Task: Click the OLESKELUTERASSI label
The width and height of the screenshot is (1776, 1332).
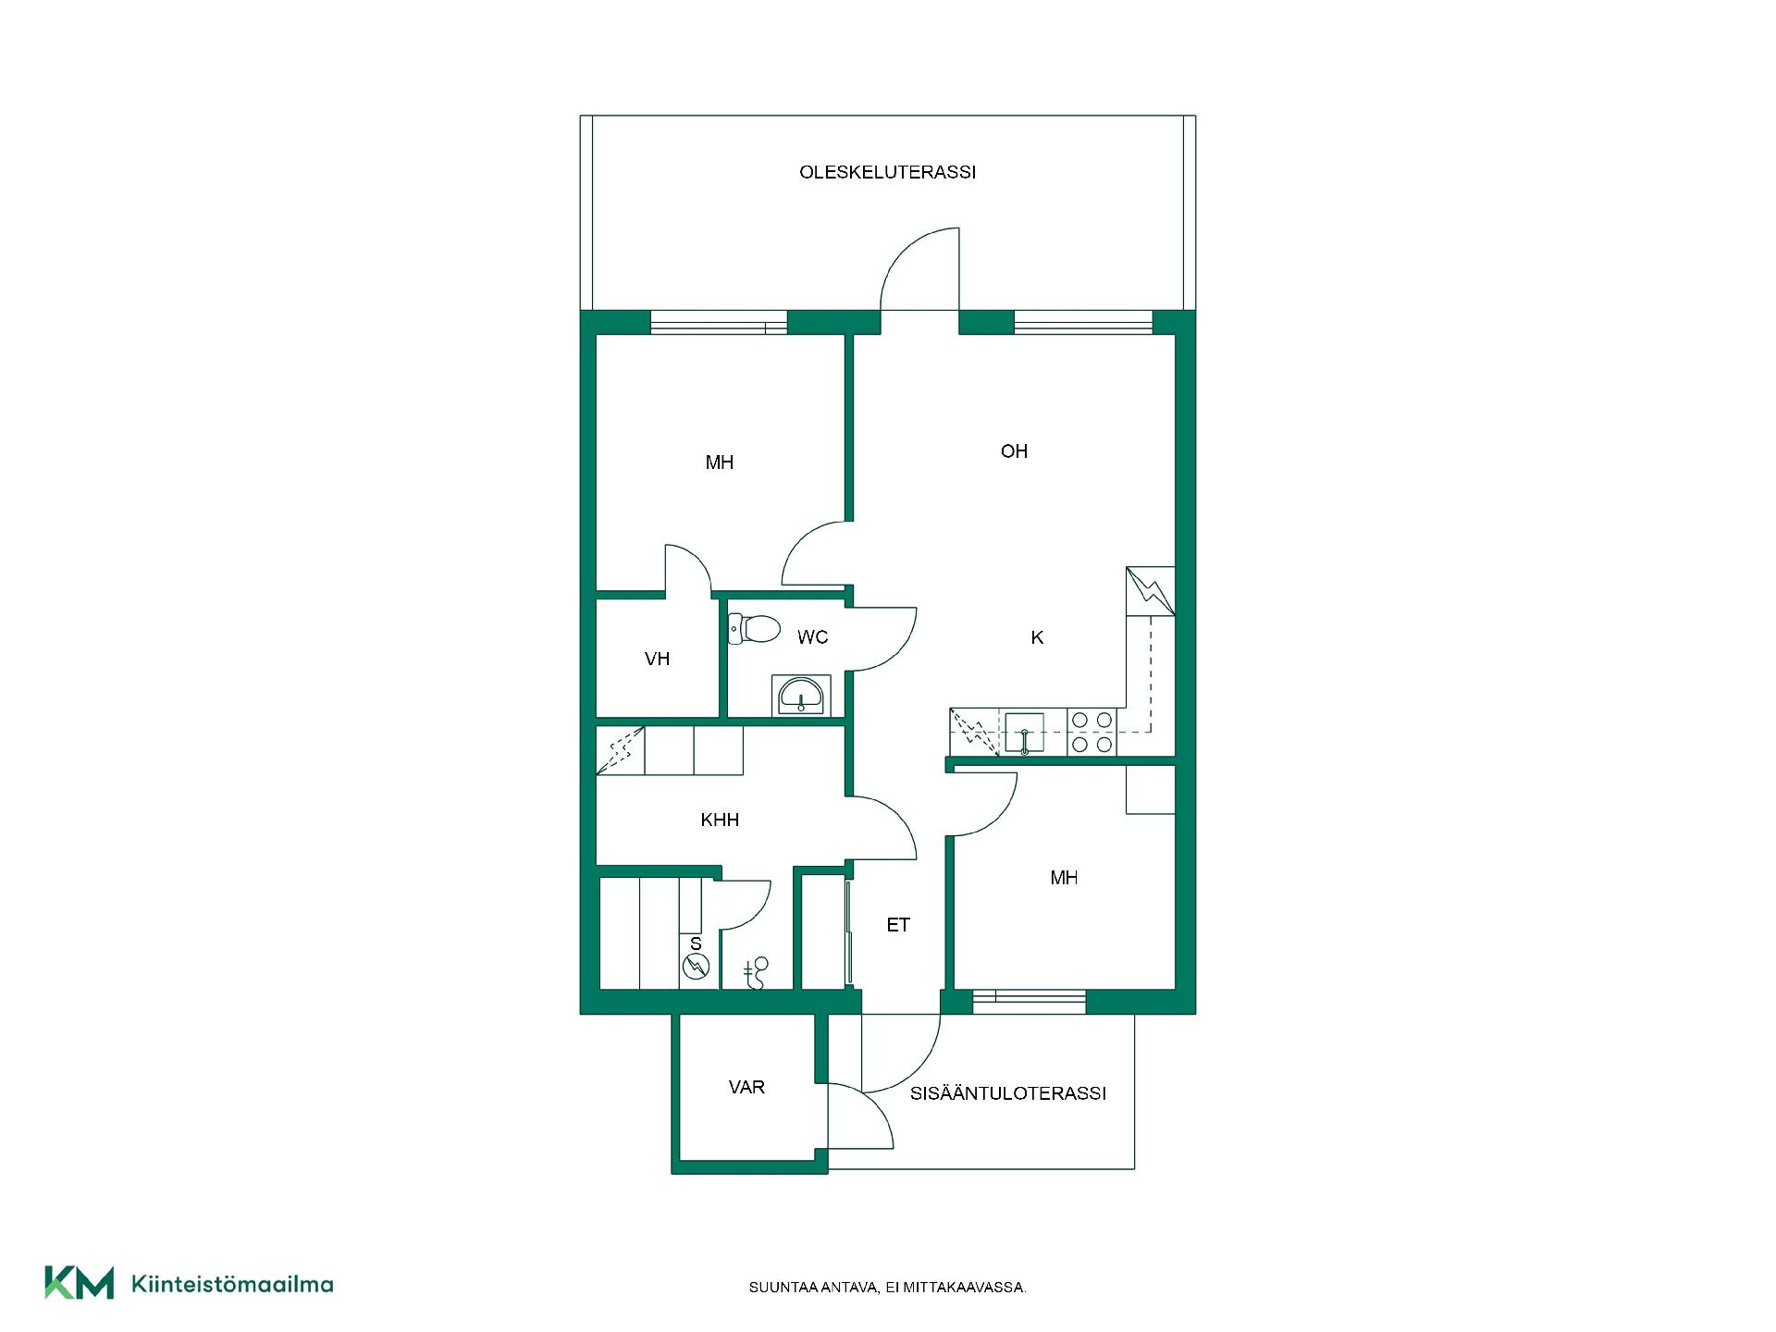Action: tap(887, 172)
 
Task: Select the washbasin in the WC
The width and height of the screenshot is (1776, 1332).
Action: tap(800, 696)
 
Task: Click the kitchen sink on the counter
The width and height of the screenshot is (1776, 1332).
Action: tap(1024, 733)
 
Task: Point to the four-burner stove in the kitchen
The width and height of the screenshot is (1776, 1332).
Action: tap(1091, 732)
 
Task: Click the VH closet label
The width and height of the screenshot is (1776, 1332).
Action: tap(657, 659)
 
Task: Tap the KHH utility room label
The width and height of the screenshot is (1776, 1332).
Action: tap(720, 820)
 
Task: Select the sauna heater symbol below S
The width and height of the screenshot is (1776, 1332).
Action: tap(696, 968)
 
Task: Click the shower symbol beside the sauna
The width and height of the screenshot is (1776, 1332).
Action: tap(756, 974)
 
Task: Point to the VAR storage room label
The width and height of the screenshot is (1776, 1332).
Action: tap(746, 1087)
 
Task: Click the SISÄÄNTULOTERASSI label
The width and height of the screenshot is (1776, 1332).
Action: tap(1008, 1093)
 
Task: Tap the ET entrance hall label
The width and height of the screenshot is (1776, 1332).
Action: tap(898, 925)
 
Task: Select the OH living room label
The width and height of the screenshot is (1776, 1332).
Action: tap(1014, 451)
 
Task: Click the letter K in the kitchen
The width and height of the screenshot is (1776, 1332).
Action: tap(1037, 637)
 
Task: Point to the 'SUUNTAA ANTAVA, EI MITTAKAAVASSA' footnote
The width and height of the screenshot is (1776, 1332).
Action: tap(888, 1288)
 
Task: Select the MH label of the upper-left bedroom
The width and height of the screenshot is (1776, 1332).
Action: tap(720, 462)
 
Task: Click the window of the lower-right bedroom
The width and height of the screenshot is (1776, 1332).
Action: tap(1029, 997)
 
